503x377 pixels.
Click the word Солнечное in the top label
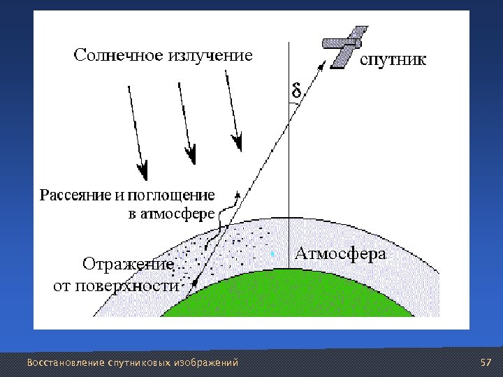click(117, 54)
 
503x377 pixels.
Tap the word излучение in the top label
click(209, 54)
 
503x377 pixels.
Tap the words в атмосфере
click(171, 214)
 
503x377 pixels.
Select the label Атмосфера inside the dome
click(340, 253)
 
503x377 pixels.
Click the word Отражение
click(128, 265)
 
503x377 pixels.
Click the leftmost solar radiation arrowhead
click(143, 169)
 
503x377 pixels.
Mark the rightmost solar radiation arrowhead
click(238, 144)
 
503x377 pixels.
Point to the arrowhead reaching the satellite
click(323, 62)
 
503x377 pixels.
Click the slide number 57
click(486, 363)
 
